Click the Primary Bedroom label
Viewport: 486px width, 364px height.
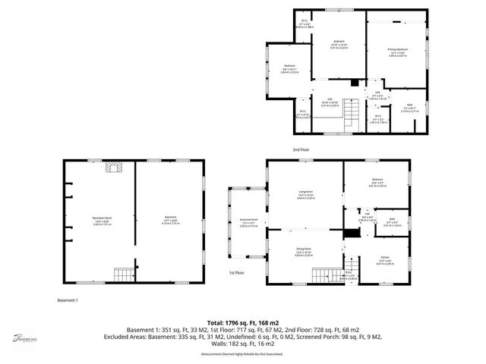tap(398, 49)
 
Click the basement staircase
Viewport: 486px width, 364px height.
tap(122, 273)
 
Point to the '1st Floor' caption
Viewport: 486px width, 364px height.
tap(236, 271)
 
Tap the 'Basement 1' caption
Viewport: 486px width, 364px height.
tap(68, 300)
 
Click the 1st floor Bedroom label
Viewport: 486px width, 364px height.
tap(377, 181)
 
